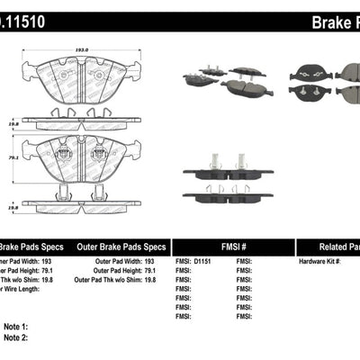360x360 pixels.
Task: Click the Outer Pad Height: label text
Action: pyautogui.click(x=112, y=271)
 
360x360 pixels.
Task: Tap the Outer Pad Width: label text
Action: pyautogui.click(x=111, y=261)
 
